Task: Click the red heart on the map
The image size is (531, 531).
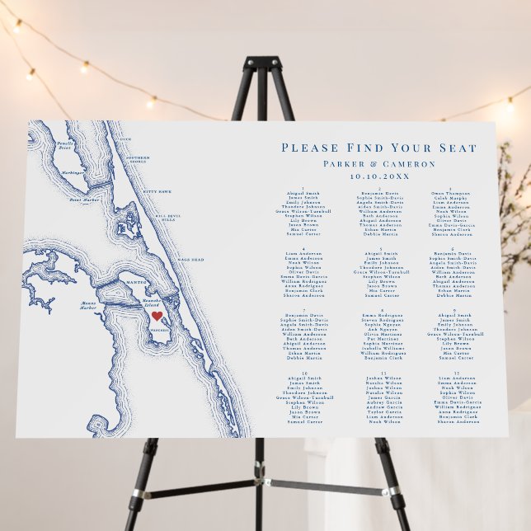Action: [157, 316]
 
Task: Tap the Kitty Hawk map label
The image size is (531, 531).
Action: [159, 192]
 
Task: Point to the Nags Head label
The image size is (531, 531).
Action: [191, 260]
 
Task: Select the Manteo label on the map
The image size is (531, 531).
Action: [136, 283]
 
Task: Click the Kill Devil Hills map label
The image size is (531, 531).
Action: [167, 219]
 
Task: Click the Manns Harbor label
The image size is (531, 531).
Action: [89, 306]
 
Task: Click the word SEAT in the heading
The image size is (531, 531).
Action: [457, 148]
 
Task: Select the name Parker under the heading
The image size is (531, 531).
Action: [344, 163]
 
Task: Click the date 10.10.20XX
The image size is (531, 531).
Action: [378, 176]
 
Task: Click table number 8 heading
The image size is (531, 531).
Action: [379, 309]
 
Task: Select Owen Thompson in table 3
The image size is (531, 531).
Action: [450, 194]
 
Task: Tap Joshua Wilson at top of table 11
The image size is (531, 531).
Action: [380, 378]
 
